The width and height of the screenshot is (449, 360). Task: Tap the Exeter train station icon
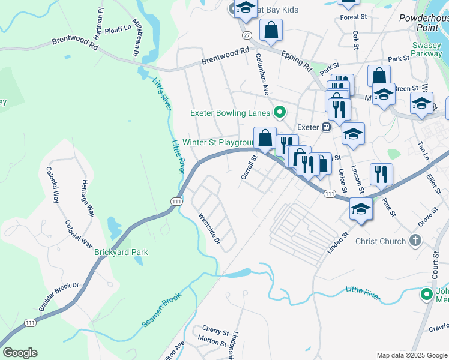pyautogui.click(x=326, y=127)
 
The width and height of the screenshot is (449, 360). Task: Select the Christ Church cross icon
pyautogui.click(x=414, y=241)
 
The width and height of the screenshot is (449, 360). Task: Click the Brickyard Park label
pyautogui.click(x=121, y=253)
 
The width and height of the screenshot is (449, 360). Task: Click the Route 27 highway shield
pyautogui.click(x=246, y=35)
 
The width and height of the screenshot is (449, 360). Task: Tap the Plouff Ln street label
pyautogui.click(x=118, y=28)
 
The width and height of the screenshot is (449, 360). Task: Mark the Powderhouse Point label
pyautogui.click(x=424, y=23)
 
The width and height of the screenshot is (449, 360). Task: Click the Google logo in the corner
pyautogui.click(x=20, y=353)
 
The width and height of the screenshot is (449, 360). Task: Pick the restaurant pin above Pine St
pyautogui.click(x=381, y=174)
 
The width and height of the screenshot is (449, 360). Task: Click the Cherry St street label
pyautogui.click(x=215, y=331)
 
